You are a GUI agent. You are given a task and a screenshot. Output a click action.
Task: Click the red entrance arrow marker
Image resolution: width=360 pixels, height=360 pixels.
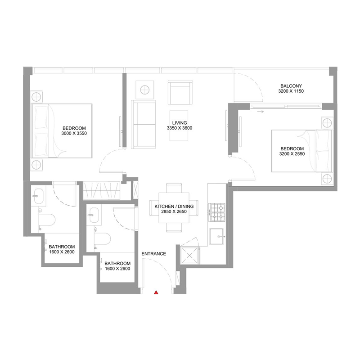tap(156, 293)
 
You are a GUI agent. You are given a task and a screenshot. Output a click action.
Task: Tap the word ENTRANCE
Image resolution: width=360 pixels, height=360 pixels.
tap(154, 254)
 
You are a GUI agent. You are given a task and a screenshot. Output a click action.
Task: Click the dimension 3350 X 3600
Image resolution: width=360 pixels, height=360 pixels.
tap(180, 128)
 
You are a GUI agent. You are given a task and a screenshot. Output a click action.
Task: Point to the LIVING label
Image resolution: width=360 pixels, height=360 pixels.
tap(180, 122)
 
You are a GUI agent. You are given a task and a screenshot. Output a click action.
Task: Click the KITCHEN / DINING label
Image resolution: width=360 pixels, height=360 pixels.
tap(174, 206)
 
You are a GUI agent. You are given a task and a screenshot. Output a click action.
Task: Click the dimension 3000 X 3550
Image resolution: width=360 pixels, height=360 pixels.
tap(74, 133)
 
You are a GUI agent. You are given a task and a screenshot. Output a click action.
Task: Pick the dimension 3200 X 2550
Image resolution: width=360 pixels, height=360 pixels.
tap(292, 154)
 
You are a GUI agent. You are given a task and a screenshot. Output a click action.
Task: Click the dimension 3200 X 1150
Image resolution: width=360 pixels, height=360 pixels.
tap(291, 91)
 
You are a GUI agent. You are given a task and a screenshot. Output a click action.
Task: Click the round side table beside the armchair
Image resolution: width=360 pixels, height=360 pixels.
tap(145, 90)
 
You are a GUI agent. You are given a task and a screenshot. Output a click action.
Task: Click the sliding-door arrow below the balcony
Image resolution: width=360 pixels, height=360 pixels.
tap(260, 112)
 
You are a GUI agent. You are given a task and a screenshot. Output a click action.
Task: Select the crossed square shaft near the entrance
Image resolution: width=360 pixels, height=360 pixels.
tap(189, 256)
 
